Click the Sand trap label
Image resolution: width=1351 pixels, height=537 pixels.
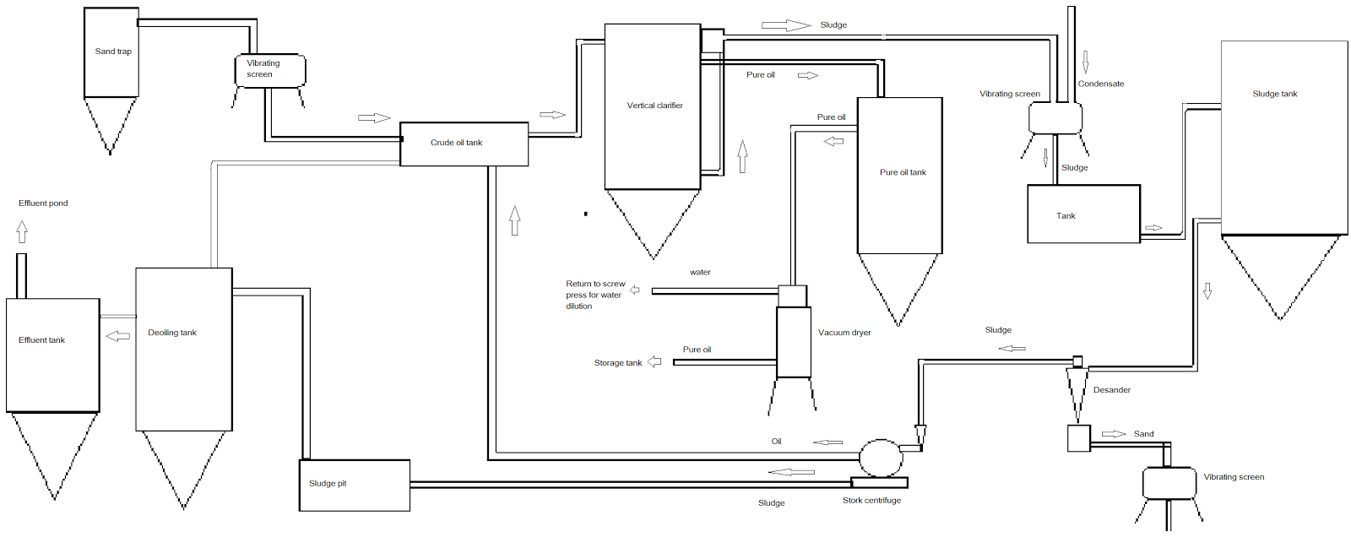click(x=113, y=52)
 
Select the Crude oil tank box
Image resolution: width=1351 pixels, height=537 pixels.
click(x=464, y=144)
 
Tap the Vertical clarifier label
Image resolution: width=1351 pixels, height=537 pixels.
click(x=655, y=106)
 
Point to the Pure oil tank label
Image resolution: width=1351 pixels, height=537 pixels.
click(x=903, y=172)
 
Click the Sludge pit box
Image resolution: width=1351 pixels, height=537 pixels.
click(x=355, y=485)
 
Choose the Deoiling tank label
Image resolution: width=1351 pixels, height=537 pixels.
click(x=172, y=333)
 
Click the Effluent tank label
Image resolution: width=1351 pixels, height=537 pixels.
click(x=41, y=340)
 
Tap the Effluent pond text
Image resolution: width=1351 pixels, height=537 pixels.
click(x=43, y=203)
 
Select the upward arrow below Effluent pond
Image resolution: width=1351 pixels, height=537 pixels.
click(x=22, y=231)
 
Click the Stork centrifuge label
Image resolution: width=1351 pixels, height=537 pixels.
click(x=871, y=500)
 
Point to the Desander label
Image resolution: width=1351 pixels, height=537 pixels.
click(x=1111, y=390)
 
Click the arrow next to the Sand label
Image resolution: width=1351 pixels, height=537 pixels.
click(x=1114, y=434)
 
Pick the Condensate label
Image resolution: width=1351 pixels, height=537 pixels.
click(x=1101, y=84)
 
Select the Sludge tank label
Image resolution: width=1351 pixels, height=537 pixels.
click(x=1274, y=94)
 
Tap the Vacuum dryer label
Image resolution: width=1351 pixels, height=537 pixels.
click(x=844, y=333)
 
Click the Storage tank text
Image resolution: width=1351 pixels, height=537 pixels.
click(x=618, y=363)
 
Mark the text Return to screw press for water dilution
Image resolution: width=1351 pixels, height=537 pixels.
click(x=595, y=295)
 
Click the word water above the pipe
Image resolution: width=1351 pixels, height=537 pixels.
click(x=700, y=272)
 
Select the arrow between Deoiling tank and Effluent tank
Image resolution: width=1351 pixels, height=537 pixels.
click(x=118, y=336)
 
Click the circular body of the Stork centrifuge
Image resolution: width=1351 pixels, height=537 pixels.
click(x=881, y=458)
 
